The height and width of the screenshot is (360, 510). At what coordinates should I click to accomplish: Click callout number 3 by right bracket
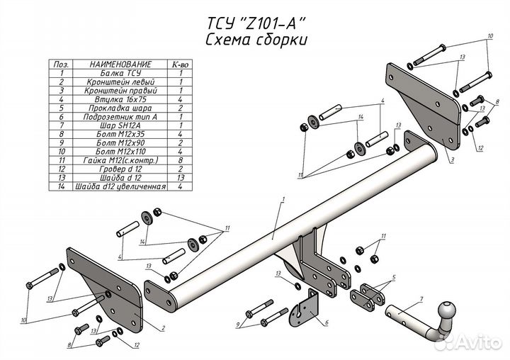point(451,161)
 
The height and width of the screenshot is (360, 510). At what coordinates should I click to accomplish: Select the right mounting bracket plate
point(418,99)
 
